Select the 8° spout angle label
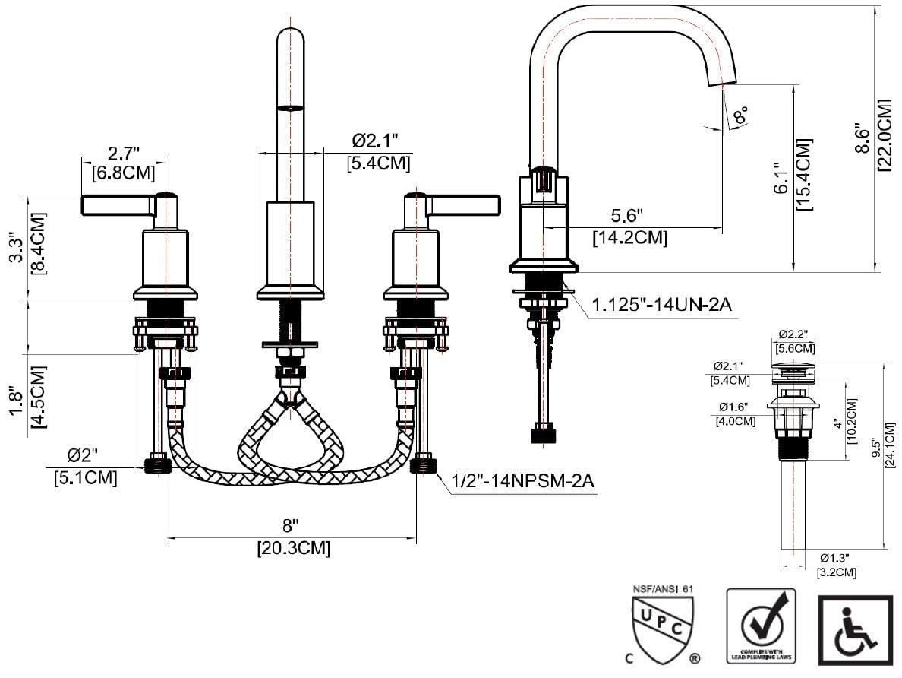coord(741,116)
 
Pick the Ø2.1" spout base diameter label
coord(375,141)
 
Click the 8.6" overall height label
coord(862,138)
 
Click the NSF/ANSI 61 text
coord(663,588)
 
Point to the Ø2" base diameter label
coord(83,456)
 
